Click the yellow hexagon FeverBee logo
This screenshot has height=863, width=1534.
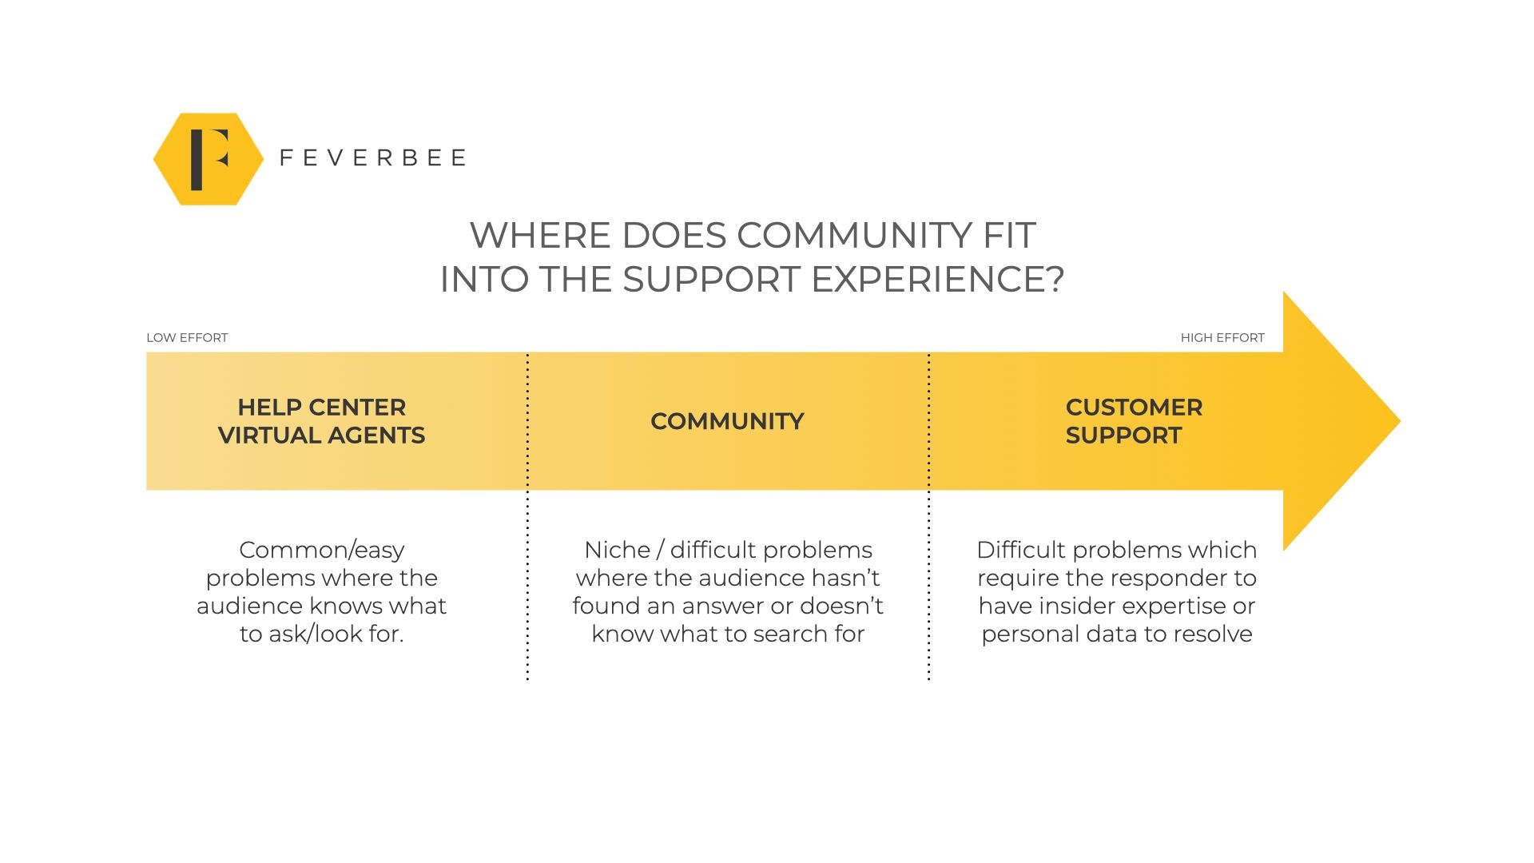coord(209,159)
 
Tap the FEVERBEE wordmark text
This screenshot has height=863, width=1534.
coord(372,158)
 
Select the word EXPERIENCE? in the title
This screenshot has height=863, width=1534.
coord(937,280)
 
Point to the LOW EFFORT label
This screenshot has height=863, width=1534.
coord(187,338)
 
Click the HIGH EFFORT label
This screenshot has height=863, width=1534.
coord(1222,338)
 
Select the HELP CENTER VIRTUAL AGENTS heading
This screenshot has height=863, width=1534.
coord(322,421)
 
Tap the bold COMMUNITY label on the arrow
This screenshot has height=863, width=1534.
coord(727,421)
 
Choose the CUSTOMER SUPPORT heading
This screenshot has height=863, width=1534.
coord(1133,421)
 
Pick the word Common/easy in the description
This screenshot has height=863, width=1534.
coord(321,551)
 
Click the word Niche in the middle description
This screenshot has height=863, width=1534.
coord(617,550)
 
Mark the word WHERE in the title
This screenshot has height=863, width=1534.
coord(541,236)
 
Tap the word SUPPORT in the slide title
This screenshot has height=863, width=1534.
coord(711,280)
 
